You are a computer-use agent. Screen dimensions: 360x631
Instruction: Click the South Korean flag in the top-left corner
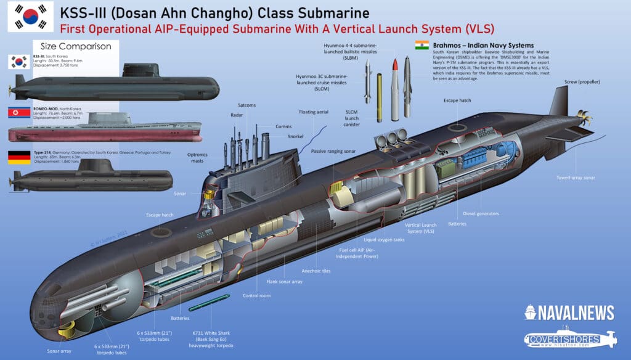coord(26,17)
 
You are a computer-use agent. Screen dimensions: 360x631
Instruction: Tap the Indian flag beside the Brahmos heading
coord(421,44)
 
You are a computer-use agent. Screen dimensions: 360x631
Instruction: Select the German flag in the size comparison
coord(19,157)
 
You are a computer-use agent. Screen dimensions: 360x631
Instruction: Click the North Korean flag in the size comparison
coord(19,112)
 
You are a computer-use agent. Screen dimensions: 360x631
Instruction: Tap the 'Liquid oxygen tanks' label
coord(384,240)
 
